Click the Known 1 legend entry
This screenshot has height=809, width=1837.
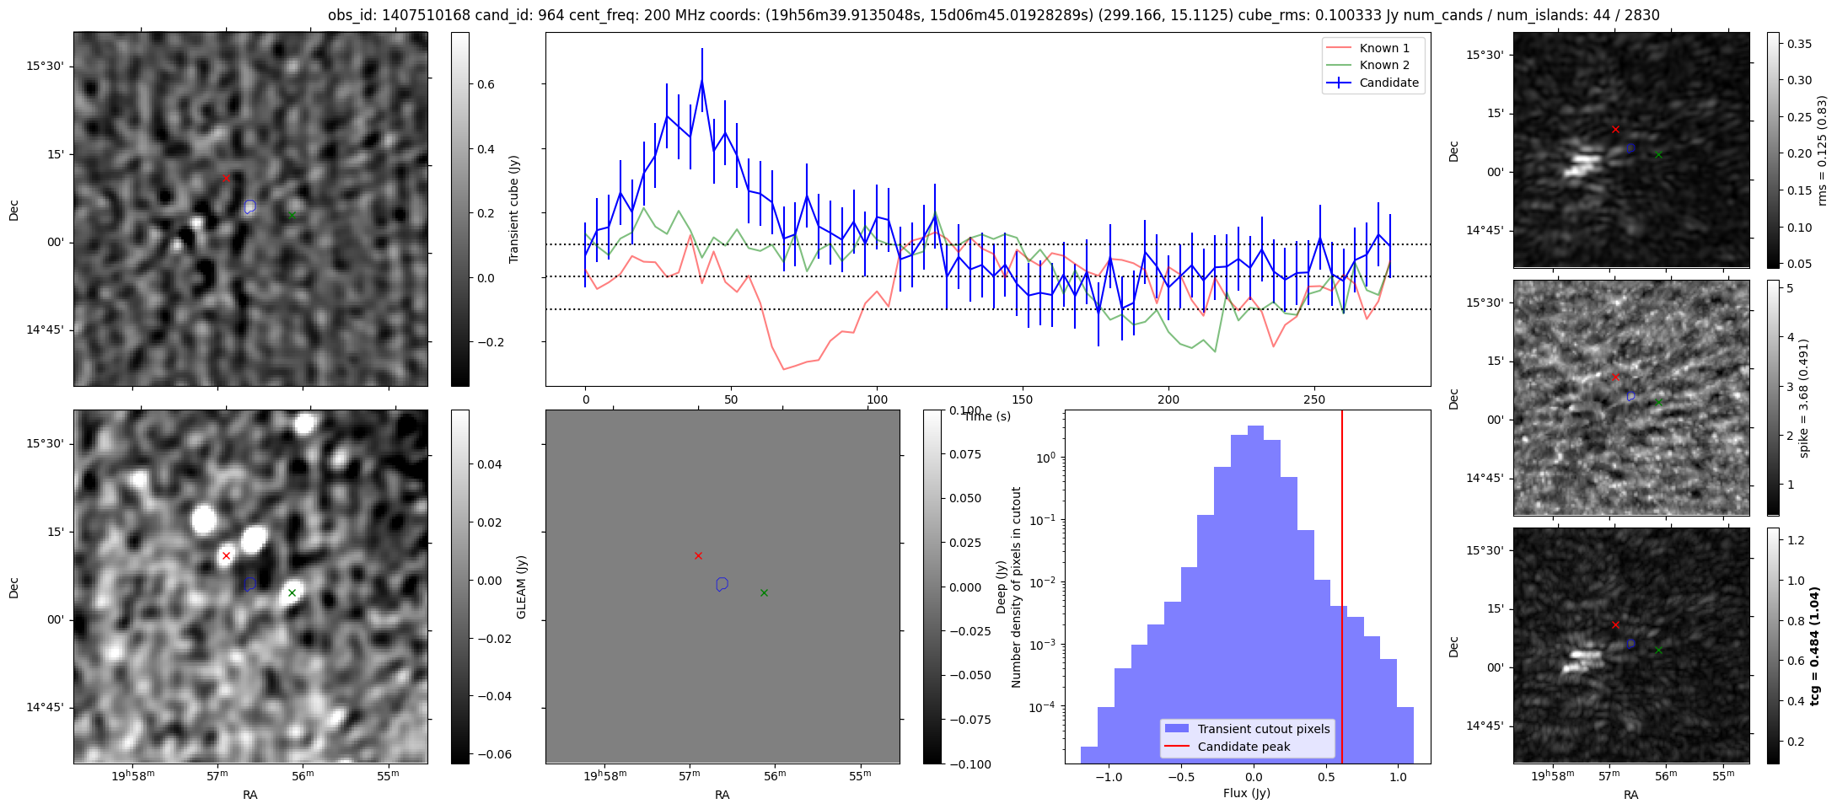click(1383, 48)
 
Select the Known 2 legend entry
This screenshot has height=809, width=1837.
click(1383, 65)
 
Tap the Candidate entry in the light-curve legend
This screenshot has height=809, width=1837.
click(1388, 83)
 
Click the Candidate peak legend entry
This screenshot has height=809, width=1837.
click(1243, 747)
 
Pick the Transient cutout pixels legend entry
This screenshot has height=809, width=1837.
click(1263, 729)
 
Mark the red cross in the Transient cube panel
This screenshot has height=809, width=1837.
click(226, 178)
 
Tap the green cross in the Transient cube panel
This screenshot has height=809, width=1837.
click(292, 215)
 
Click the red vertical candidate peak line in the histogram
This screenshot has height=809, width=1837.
click(1341, 590)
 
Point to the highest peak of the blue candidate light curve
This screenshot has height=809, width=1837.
click(701, 80)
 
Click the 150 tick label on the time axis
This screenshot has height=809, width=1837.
click(1023, 399)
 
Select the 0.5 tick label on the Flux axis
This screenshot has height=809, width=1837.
click(1326, 777)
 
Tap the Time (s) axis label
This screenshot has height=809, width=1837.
click(986, 416)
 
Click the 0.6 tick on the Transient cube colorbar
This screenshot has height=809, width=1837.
click(487, 84)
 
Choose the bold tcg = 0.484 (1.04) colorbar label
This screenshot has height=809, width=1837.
click(1815, 646)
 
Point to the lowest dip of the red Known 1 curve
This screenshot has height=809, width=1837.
click(783, 369)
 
